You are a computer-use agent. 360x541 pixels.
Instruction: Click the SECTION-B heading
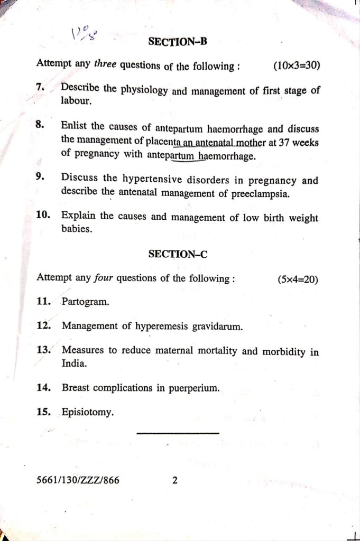[178, 42]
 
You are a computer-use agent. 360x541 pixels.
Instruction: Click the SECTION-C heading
[178, 254]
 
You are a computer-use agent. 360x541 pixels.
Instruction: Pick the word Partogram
[86, 302]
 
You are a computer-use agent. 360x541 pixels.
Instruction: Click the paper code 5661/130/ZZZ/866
[78, 480]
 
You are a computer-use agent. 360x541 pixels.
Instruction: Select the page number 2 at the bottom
[175, 480]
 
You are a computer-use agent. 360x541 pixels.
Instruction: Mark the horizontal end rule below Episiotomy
[178, 433]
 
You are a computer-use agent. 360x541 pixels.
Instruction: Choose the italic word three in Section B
[105, 64]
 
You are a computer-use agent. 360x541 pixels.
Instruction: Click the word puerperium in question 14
[193, 388]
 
